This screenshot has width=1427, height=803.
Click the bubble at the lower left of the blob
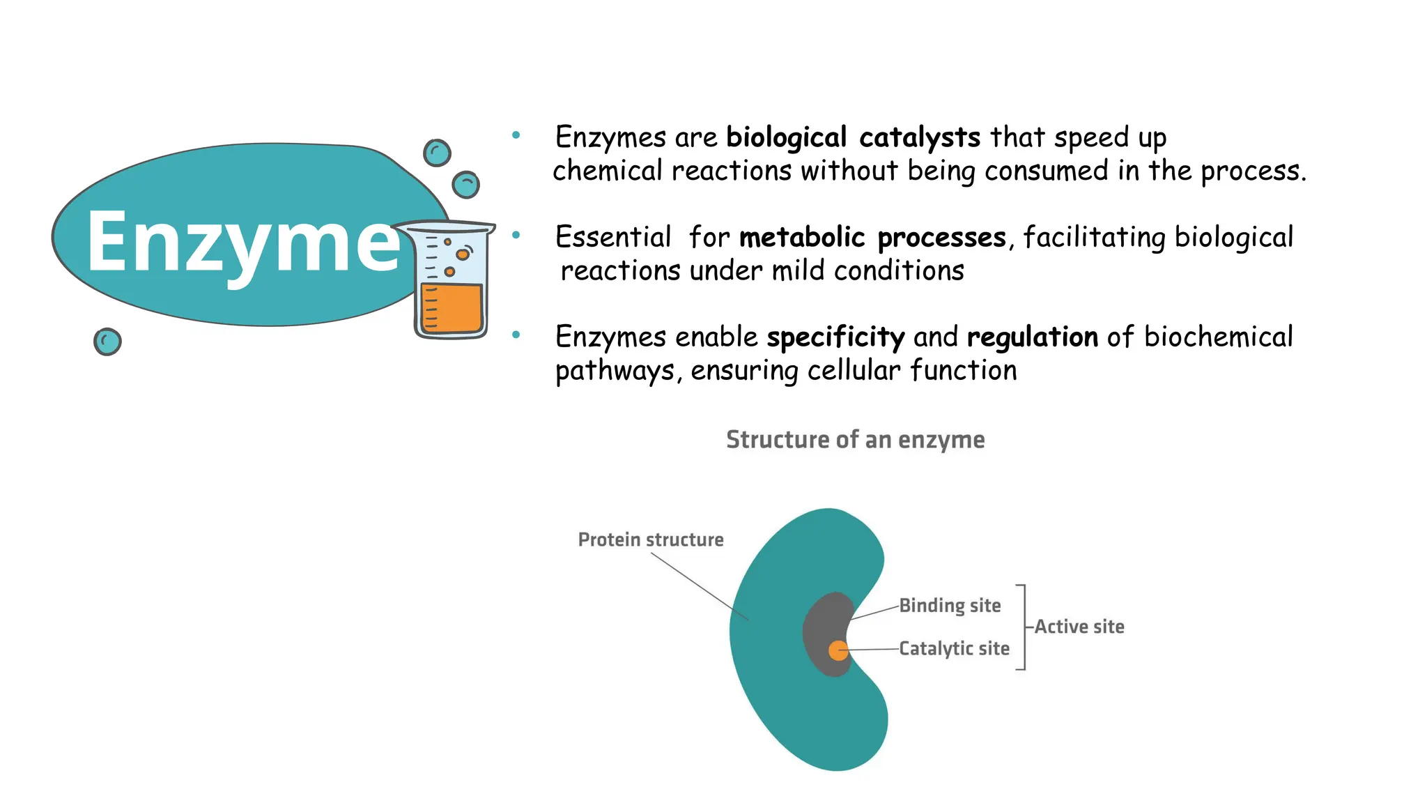pyautogui.click(x=107, y=342)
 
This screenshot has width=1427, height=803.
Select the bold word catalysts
pyautogui.click(x=920, y=137)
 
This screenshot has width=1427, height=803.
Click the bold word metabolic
pyautogui.click(x=802, y=238)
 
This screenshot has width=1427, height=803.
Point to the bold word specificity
pyautogui.click(x=835, y=338)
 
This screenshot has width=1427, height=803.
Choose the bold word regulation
pyautogui.click(x=1033, y=338)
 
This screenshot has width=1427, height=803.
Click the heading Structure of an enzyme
pyautogui.click(x=855, y=440)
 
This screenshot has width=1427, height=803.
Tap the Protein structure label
pyautogui.click(x=651, y=540)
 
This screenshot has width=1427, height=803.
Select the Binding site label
pyautogui.click(x=950, y=605)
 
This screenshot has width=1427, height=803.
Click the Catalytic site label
pyautogui.click(x=954, y=648)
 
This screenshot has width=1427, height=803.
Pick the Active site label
pyautogui.click(x=1079, y=627)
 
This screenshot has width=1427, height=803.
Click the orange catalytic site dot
pyautogui.click(x=838, y=650)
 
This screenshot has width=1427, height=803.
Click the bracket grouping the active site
pyautogui.click(x=1024, y=627)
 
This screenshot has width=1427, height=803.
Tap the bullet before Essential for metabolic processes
pyautogui.click(x=516, y=236)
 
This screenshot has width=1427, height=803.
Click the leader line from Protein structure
pyautogui.click(x=700, y=586)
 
